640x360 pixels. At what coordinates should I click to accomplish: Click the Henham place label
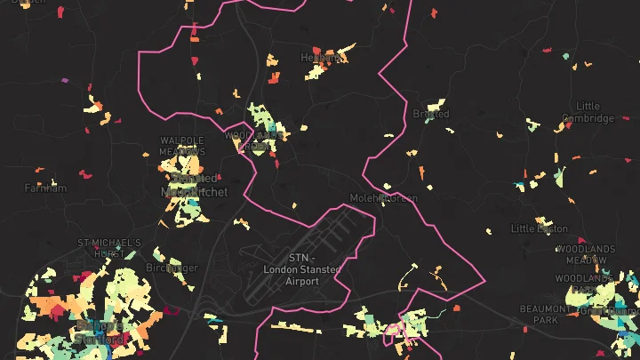pos(321,58)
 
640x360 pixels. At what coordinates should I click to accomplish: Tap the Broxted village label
pos(431,115)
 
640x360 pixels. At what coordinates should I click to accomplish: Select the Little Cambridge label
pos(588,112)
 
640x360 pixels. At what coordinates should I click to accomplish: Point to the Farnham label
pos(45,188)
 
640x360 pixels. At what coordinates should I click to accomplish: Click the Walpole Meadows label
pos(182,146)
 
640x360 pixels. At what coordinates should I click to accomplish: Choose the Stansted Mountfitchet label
pos(194,185)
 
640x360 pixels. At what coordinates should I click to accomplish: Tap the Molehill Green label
pos(383,198)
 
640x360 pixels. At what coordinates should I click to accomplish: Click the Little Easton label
pos(539,229)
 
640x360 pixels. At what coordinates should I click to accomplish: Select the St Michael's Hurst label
pos(109,248)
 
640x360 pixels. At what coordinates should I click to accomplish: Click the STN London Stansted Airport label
pos(291,268)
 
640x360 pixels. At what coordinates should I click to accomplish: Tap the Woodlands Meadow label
pos(586,254)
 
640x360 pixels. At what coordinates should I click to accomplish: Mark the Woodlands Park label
pos(596,284)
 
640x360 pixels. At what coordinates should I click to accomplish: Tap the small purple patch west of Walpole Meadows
pos(64,81)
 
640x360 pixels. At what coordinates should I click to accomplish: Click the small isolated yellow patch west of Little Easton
pos(491,231)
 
